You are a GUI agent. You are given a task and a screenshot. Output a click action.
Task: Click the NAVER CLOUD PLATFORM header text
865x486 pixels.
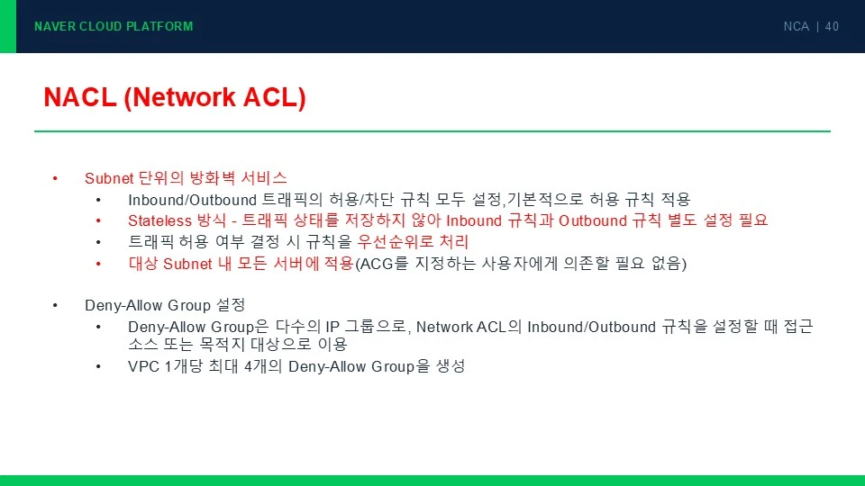pos(114,26)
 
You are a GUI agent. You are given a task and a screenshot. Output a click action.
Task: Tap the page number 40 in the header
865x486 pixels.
pos(832,26)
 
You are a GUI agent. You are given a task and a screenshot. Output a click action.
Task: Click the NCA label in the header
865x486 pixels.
pos(796,26)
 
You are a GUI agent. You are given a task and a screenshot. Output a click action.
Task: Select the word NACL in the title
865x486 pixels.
pos(80,97)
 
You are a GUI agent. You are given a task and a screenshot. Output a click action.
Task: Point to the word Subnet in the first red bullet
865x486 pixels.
pos(109,178)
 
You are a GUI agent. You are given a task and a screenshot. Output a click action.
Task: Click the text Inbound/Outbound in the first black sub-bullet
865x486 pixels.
pos(193,200)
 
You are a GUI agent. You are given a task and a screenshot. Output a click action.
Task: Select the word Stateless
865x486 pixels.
pos(160,220)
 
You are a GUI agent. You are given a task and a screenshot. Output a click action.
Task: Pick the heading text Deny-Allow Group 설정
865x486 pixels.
pos(165,305)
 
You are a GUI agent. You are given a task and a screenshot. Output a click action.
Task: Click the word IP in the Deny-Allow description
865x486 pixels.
pos(332,327)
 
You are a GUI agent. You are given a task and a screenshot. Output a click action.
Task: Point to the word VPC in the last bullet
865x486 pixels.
pos(144,366)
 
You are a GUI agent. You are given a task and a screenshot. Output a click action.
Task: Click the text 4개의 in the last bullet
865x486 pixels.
pos(263,366)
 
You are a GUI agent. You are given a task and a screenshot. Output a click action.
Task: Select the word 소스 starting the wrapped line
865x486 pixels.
pos(142,345)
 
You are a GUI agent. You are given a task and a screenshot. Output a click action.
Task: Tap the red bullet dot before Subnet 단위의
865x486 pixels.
pos(55,178)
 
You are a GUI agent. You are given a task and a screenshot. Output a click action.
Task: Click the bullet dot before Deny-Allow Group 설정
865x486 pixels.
pos(55,305)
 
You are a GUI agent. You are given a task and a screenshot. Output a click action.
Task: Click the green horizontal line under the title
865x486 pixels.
pos(432,131)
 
